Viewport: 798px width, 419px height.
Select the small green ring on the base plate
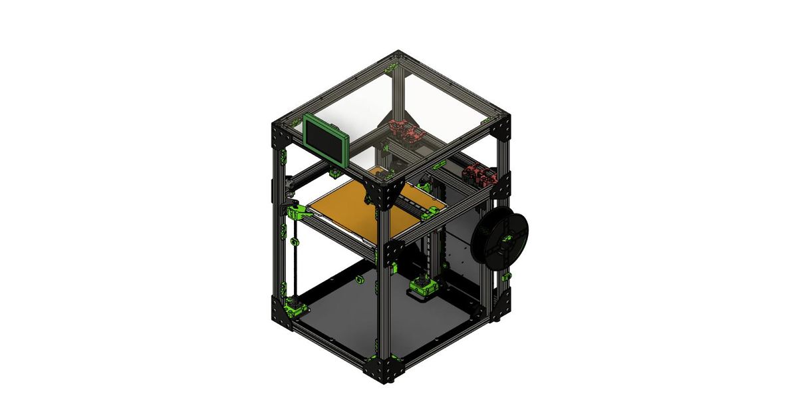point(360,279)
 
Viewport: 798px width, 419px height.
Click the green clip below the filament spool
point(507,275)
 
